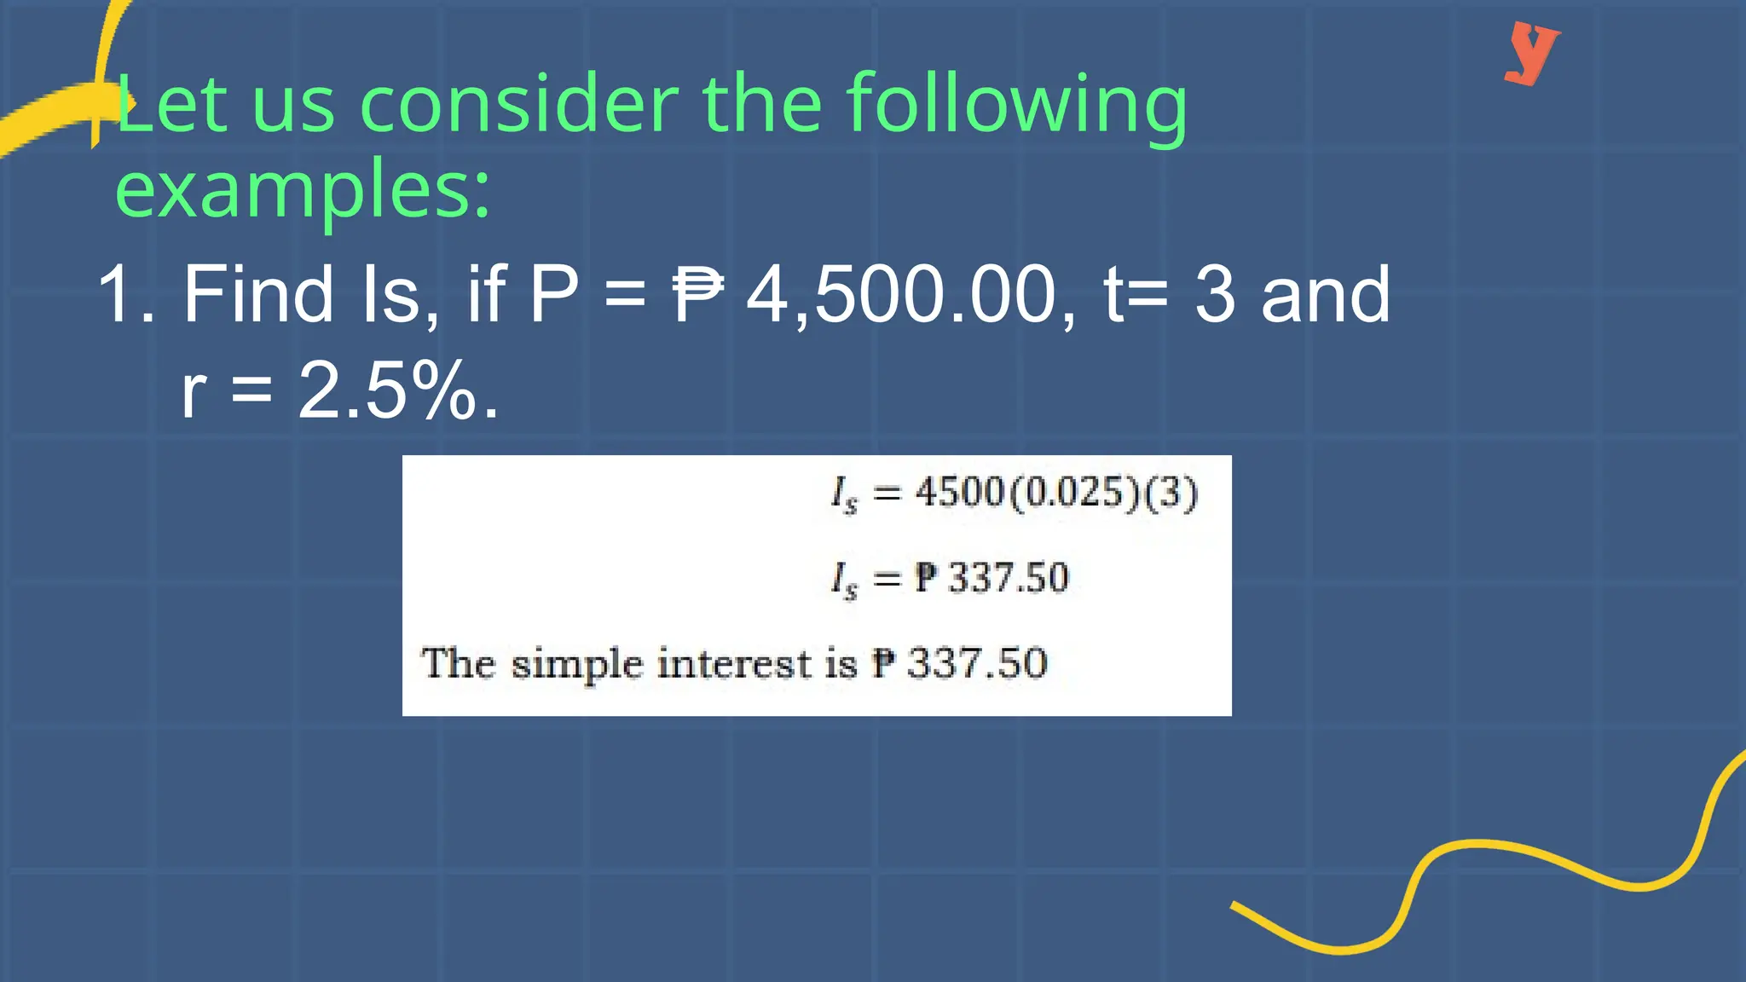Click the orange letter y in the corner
[x=1532, y=52]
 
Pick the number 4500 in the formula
[x=960, y=492]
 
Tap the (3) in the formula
[x=1171, y=492]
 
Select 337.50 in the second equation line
[x=1009, y=578]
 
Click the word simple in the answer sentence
[x=576, y=665]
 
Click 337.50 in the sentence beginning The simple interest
[x=977, y=663]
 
